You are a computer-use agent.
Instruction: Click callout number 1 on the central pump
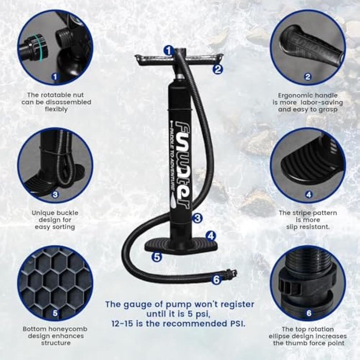click(x=169, y=50)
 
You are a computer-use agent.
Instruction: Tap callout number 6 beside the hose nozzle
click(x=216, y=279)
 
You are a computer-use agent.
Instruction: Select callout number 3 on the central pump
click(x=197, y=218)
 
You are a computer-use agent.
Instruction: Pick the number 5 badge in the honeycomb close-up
click(x=55, y=313)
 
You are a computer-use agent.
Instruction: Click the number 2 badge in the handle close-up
click(x=308, y=77)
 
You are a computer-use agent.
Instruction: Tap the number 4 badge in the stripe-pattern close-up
click(x=309, y=195)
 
